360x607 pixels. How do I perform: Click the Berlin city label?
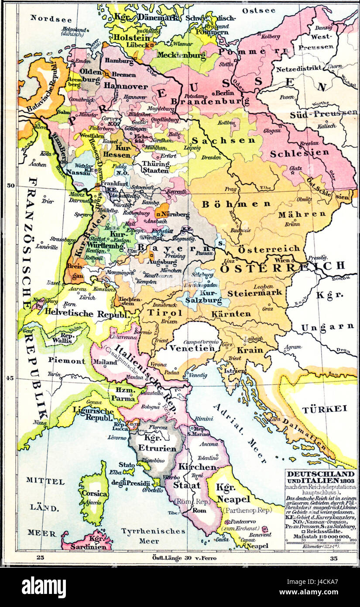pyautogui.click(x=225, y=93)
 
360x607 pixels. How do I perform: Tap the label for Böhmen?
pyautogui.click(x=236, y=203)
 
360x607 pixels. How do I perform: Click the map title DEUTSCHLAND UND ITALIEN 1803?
pyautogui.click(x=320, y=477)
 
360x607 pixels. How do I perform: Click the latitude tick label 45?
pyautogui.click(x=10, y=378)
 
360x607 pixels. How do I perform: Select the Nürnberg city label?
pyautogui.click(x=176, y=214)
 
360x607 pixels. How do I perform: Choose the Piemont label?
pyautogui.click(x=67, y=361)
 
